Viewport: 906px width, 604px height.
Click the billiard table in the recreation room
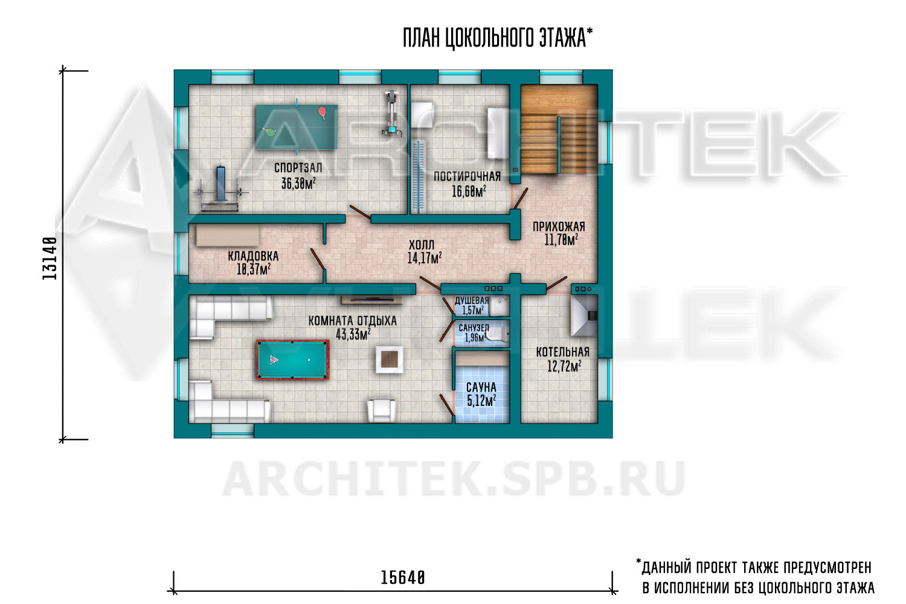click(x=292, y=359)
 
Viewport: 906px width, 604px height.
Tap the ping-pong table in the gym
click(x=297, y=127)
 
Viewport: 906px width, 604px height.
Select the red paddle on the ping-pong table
click(x=323, y=112)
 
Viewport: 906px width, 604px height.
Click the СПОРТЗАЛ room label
click(x=298, y=167)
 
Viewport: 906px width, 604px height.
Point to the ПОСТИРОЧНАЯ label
click(x=467, y=176)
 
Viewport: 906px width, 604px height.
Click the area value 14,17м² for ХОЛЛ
click(x=424, y=258)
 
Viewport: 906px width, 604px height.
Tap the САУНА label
click(x=481, y=387)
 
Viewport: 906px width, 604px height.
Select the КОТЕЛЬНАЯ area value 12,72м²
click(x=564, y=366)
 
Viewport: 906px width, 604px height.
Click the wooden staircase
click(x=559, y=129)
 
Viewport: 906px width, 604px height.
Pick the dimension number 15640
click(x=403, y=577)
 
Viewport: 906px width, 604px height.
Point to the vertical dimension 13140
click(x=50, y=258)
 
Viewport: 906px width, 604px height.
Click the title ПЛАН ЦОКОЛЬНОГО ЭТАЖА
click(x=497, y=37)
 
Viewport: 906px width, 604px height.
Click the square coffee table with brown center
click(x=389, y=359)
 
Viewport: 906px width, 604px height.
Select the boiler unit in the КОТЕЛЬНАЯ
click(x=584, y=315)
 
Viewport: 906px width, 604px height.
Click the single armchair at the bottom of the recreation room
click(x=381, y=411)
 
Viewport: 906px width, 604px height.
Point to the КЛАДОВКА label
click(x=253, y=256)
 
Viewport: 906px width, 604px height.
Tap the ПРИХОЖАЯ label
click(x=559, y=226)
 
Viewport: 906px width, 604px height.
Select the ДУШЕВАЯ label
click(x=472, y=301)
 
